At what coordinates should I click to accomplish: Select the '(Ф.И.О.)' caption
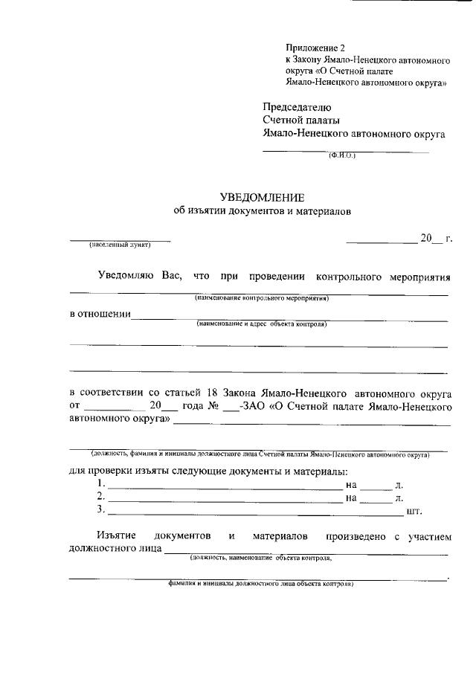343,156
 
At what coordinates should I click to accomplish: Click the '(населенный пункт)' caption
120,245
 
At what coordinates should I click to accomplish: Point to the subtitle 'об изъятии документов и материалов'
262,211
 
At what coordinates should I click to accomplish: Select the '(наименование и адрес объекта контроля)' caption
262,324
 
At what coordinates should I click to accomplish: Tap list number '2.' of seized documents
101,497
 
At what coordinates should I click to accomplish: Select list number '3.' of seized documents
101,510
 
